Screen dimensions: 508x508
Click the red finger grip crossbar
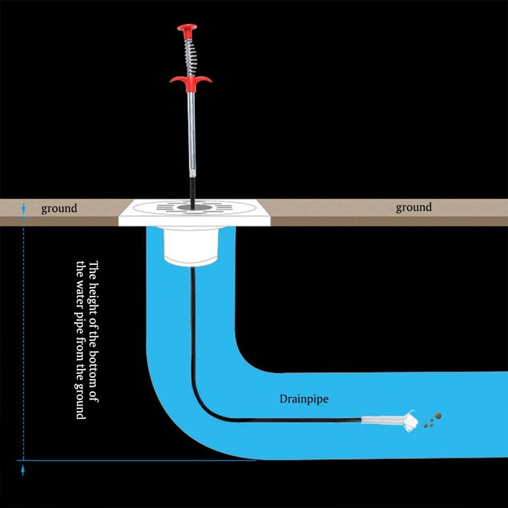click(x=189, y=81)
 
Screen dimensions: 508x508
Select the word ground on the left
click(x=59, y=208)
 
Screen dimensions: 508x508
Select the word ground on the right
click(x=413, y=207)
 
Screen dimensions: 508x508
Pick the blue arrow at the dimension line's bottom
click(x=23, y=470)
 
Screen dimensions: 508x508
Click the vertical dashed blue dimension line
click(x=23, y=337)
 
